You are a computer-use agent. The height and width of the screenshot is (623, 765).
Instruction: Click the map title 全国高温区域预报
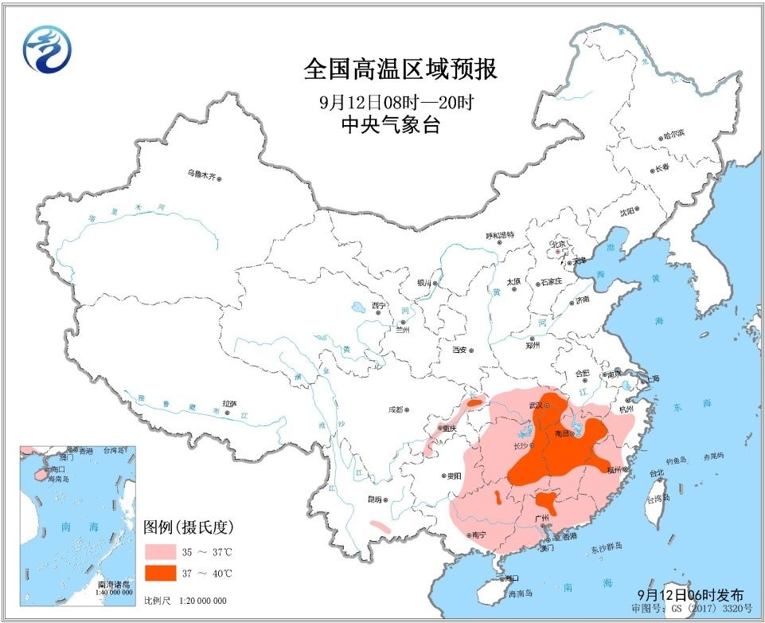point(400,69)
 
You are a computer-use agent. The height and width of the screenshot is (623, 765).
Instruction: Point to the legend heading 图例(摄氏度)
point(188,527)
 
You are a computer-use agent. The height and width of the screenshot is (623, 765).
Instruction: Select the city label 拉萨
point(229,404)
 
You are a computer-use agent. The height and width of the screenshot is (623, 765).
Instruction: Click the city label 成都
point(396,410)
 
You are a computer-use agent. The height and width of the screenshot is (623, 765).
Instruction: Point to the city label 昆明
point(373,500)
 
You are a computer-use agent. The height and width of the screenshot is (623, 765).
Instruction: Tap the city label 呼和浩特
point(500,235)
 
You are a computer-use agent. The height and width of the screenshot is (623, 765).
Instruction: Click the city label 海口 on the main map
point(513,578)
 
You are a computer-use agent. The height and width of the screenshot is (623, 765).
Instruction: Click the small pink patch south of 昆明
point(381,526)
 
